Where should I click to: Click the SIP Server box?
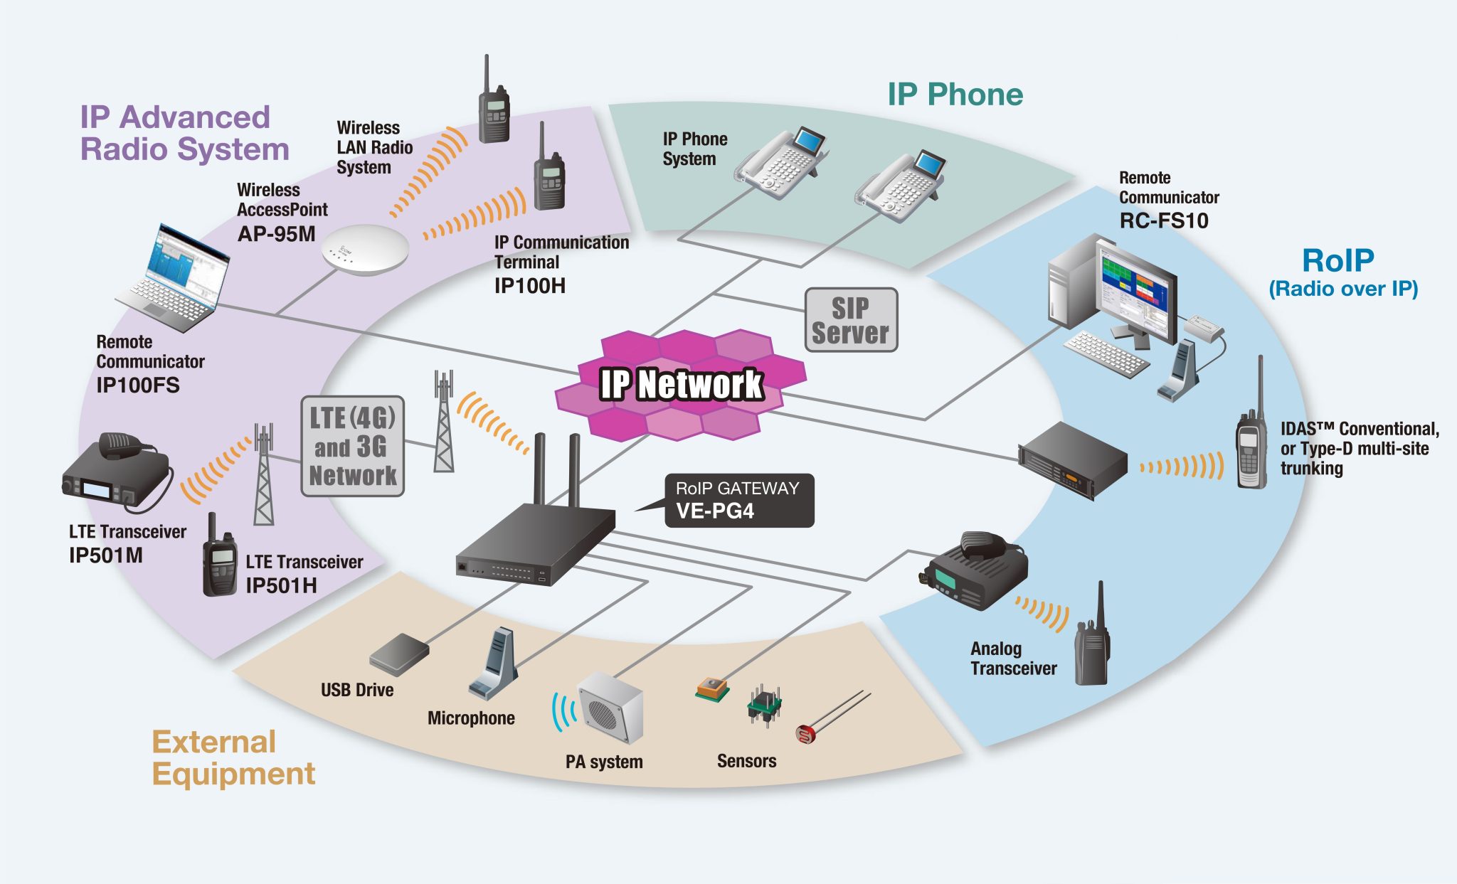(851, 320)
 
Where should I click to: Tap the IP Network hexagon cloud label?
(681, 385)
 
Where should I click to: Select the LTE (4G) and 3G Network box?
(352, 446)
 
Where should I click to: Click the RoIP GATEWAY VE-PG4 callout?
(738, 501)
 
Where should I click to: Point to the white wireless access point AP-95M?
(364, 248)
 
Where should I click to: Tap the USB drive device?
(399, 654)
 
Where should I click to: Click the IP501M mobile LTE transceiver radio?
(114, 473)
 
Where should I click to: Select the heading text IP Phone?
(955, 95)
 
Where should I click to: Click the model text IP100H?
(529, 286)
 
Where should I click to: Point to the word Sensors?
(746, 761)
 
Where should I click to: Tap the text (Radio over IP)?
(1343, 289)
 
